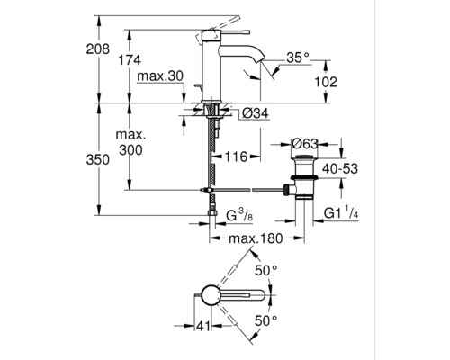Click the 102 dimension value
327,82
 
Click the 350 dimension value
106,159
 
